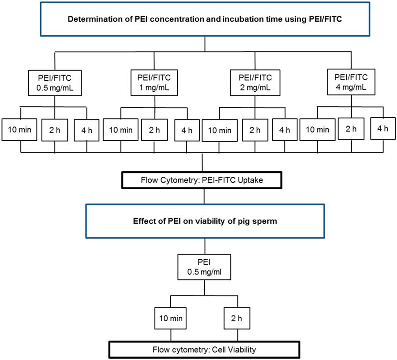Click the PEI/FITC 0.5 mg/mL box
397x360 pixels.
(55, 83)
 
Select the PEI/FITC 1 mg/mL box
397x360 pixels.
(154, 82)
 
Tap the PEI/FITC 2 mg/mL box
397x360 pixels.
(255, 82)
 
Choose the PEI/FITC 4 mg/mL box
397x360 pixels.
(351, 82)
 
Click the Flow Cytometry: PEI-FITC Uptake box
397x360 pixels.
(202, 180)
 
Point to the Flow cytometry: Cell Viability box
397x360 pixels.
(204, 349)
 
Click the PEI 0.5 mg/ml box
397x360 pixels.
(204, 267)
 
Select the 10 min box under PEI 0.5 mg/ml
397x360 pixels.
(170, 318)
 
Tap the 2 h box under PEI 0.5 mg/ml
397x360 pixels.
(237, 318)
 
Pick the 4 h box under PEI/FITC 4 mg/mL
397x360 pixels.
(383, 128)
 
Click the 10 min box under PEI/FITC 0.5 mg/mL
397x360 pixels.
(19, 130)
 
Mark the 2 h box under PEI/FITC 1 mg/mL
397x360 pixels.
(154, 130)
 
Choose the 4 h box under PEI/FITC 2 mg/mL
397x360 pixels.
(285, 130)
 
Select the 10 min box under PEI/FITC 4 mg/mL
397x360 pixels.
(318, 130)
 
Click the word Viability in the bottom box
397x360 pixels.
(242, 350)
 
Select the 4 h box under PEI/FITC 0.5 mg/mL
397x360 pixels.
(86, 130)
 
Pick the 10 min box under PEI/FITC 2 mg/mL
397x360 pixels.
(220, 131)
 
